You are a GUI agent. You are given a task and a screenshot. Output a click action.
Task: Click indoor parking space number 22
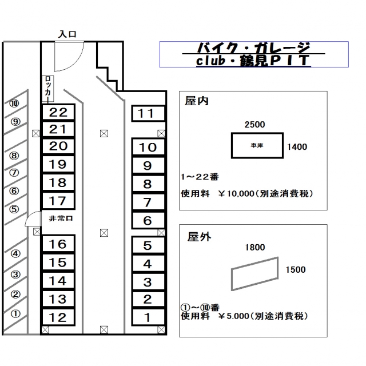[58, 112]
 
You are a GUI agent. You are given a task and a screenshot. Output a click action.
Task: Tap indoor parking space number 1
[147, 316]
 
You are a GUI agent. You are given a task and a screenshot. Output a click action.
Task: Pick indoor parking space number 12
[58, 317]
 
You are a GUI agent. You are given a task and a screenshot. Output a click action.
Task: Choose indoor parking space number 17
[58, 201]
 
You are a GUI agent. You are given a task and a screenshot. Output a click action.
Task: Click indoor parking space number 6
[147, 220]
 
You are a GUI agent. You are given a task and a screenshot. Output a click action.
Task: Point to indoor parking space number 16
[58, 244]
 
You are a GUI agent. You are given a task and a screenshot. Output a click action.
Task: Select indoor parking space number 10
[147, 147]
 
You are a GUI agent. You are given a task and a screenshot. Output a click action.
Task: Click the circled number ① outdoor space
[15, 313]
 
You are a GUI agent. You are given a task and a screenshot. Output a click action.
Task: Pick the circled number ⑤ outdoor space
[14, 209]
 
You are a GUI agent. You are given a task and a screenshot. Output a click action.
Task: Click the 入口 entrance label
[67, 35]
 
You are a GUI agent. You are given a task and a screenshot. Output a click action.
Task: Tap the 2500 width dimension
[254, 124]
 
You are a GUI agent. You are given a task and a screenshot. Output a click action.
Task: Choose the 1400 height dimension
[297, 147]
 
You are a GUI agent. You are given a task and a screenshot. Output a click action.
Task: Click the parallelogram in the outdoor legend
[254, 274]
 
